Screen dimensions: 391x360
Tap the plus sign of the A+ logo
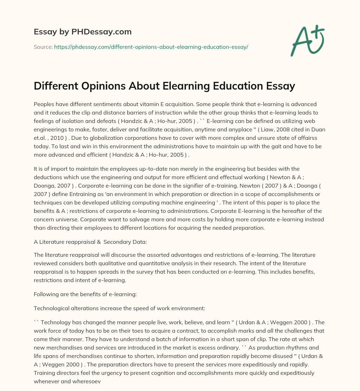[x=318, y=32]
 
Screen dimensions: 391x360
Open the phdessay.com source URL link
[x=151, y=47]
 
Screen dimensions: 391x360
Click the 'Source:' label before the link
[x=43, y=47]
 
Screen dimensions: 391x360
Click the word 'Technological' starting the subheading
[x=51, y=308]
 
